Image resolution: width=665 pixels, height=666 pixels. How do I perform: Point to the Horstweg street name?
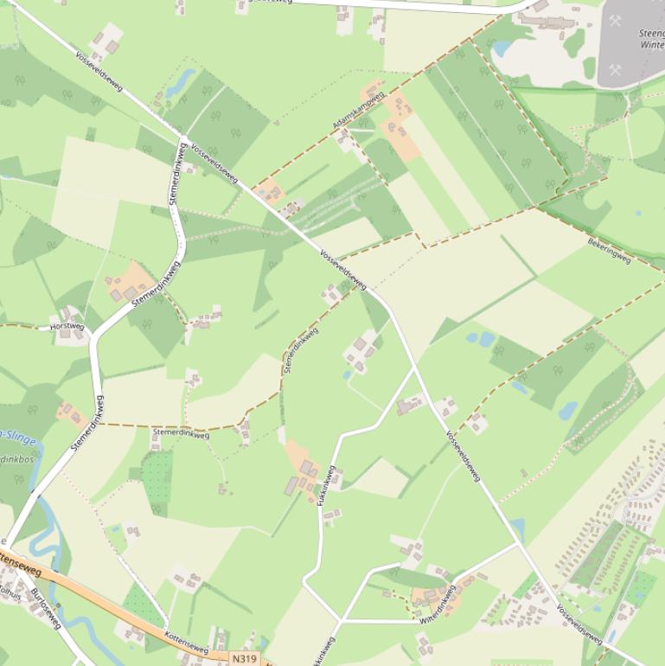(67, 327)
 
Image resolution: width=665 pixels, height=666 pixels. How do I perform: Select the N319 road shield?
(245, 658)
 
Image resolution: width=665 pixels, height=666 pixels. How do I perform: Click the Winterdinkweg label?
(437, 605)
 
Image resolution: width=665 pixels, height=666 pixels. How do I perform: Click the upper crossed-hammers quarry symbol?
(615, 20)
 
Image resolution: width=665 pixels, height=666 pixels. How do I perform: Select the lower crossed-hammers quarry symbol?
(615, 70)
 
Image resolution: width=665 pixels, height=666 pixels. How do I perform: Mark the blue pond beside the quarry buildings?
(502, 48)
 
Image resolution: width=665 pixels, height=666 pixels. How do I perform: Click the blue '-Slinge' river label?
(18, 439)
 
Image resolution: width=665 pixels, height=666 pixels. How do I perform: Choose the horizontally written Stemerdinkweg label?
(181, 434)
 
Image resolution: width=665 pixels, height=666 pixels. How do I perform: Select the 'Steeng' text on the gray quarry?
(651, 34)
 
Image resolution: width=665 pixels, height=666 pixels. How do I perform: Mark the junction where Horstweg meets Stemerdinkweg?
(93, 330)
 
